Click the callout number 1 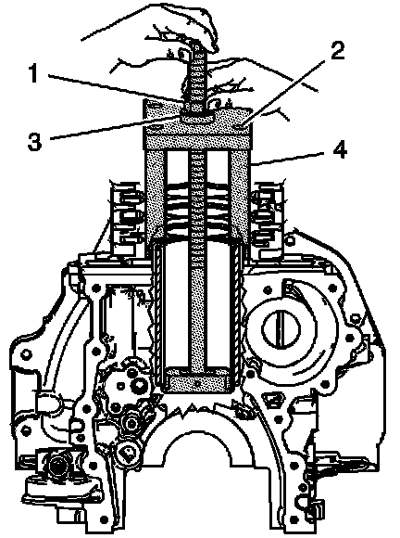tap(33, 73)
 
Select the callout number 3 tap(34, 141)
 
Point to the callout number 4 tap(340, 149)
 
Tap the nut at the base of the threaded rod tap(196, 117)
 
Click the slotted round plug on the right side tap(281, 328)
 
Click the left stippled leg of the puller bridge tap(155, 192)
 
